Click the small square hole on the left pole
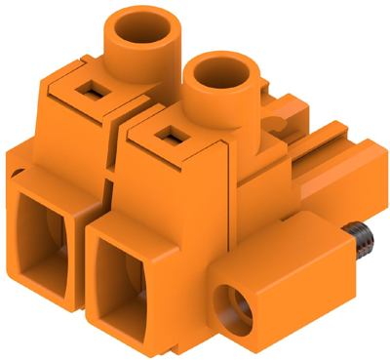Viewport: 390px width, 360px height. point(94,92)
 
